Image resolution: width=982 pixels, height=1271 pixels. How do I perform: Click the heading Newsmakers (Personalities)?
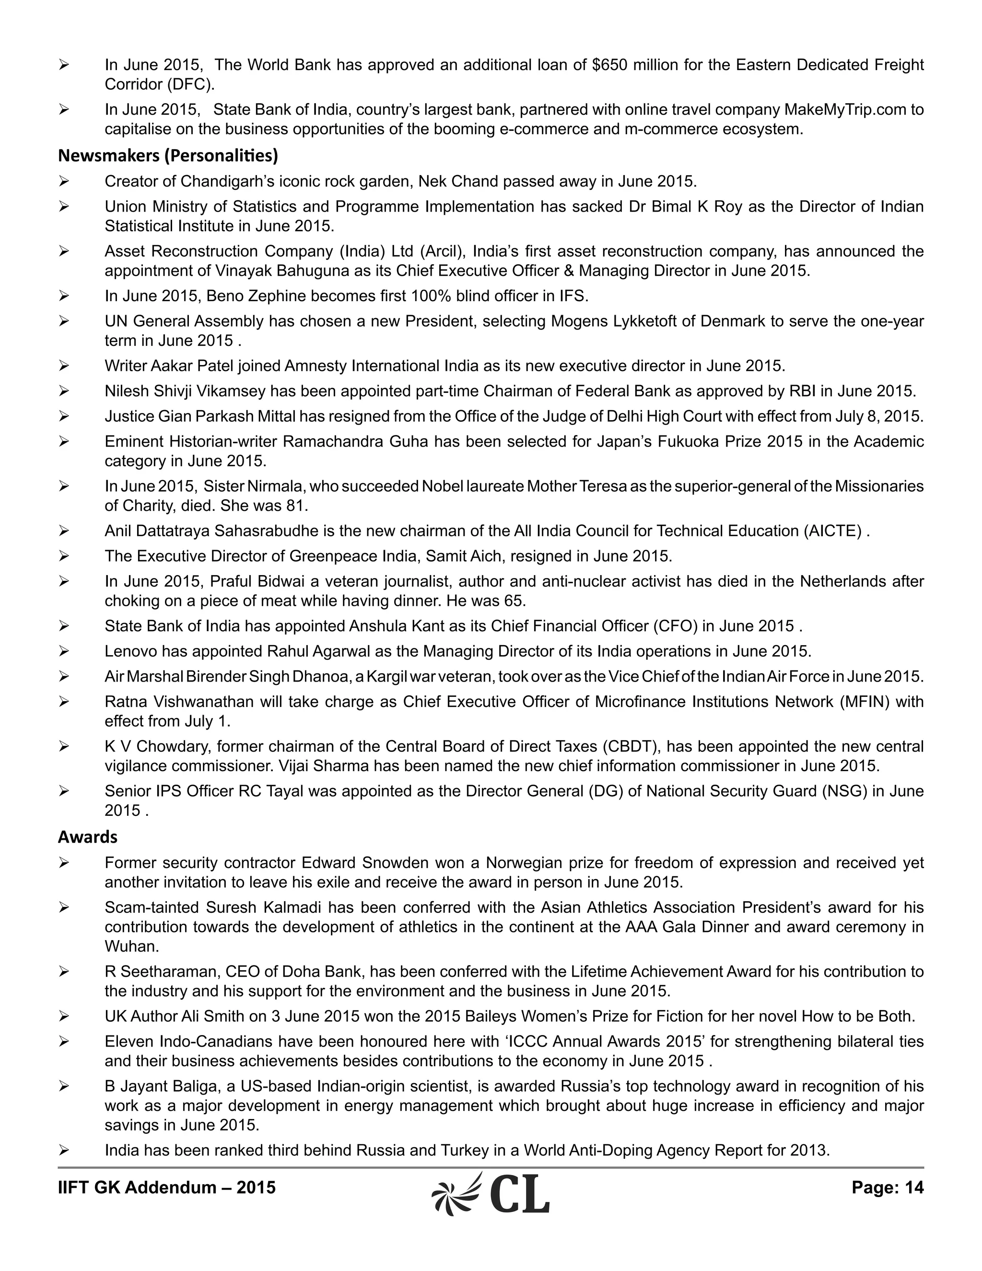167,155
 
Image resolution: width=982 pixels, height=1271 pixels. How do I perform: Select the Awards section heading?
87,836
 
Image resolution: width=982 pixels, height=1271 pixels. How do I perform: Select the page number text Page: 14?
887,1187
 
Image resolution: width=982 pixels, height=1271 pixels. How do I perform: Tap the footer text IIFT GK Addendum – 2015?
166,1187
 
